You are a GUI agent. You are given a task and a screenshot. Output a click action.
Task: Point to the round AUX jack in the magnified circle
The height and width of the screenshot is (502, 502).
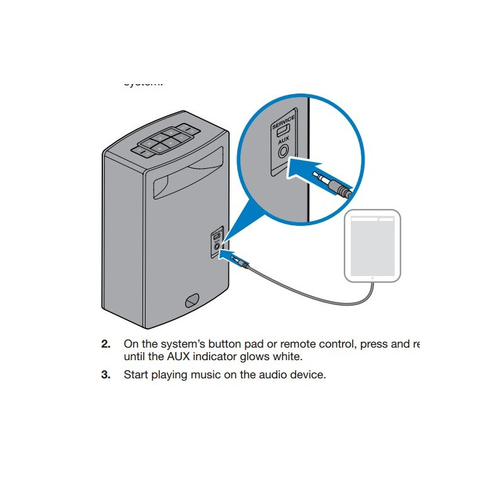[x=283, y=152]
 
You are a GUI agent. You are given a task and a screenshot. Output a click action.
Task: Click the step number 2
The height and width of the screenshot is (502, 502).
[x=106, y=344]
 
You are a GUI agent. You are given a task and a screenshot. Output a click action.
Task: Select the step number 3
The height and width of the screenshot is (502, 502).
[x=106, y=375]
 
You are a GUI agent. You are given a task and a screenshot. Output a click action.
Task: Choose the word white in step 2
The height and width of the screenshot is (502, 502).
[x=287, y=357]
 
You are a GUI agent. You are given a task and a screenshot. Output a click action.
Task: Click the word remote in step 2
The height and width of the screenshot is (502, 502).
[x=281, y=344]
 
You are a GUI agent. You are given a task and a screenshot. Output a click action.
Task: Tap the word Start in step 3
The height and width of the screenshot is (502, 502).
[x=136, y=375]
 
